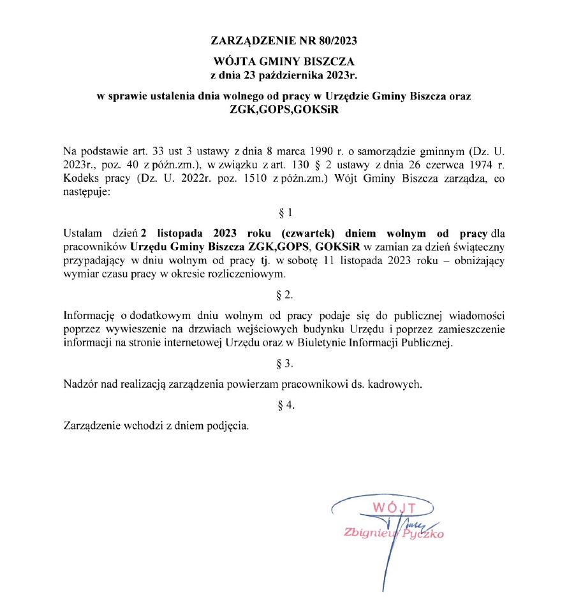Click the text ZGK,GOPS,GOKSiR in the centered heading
tap(283, 108)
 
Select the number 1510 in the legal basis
tap(271, 179)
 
